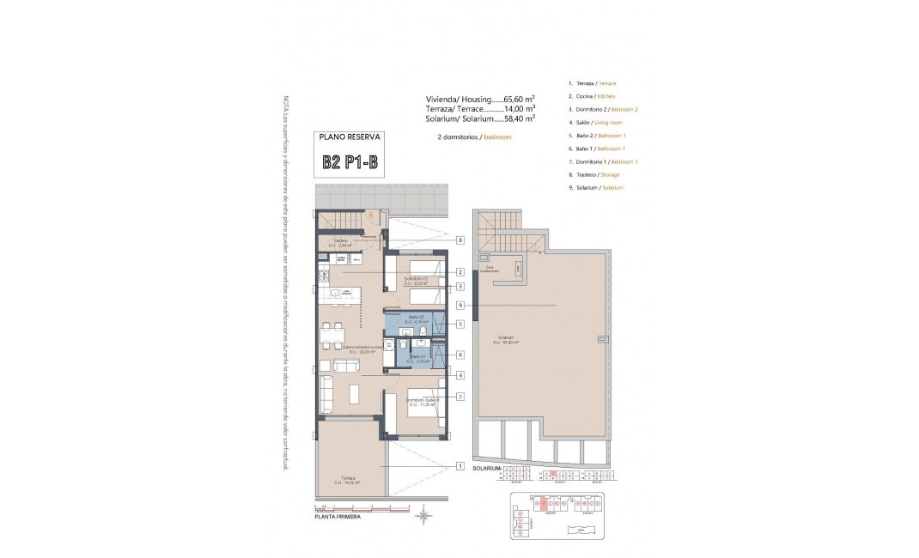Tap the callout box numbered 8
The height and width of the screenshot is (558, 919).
[x=460, y=240]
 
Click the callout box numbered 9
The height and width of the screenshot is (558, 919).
[x=460, y=305]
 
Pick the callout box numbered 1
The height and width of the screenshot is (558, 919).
[x=460, y=467]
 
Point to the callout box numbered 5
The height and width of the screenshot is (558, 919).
[x=460, y=324]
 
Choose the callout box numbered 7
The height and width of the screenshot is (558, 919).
[x=460, y=397]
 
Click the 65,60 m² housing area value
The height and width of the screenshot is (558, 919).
[x=519, y=99]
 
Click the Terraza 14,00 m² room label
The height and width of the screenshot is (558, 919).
[x=347, y=481]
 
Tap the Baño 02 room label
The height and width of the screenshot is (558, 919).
[x=416, y=319]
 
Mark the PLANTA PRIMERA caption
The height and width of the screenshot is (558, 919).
[x=338, y=518]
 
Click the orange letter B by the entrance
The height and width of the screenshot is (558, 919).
[x=370, y=216]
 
